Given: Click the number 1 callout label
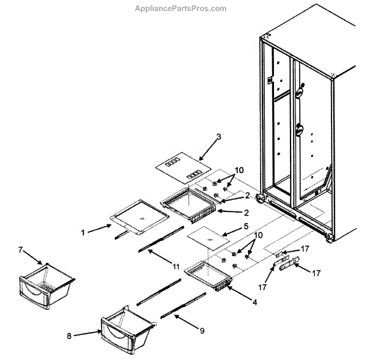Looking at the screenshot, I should (x=83, y=232).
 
